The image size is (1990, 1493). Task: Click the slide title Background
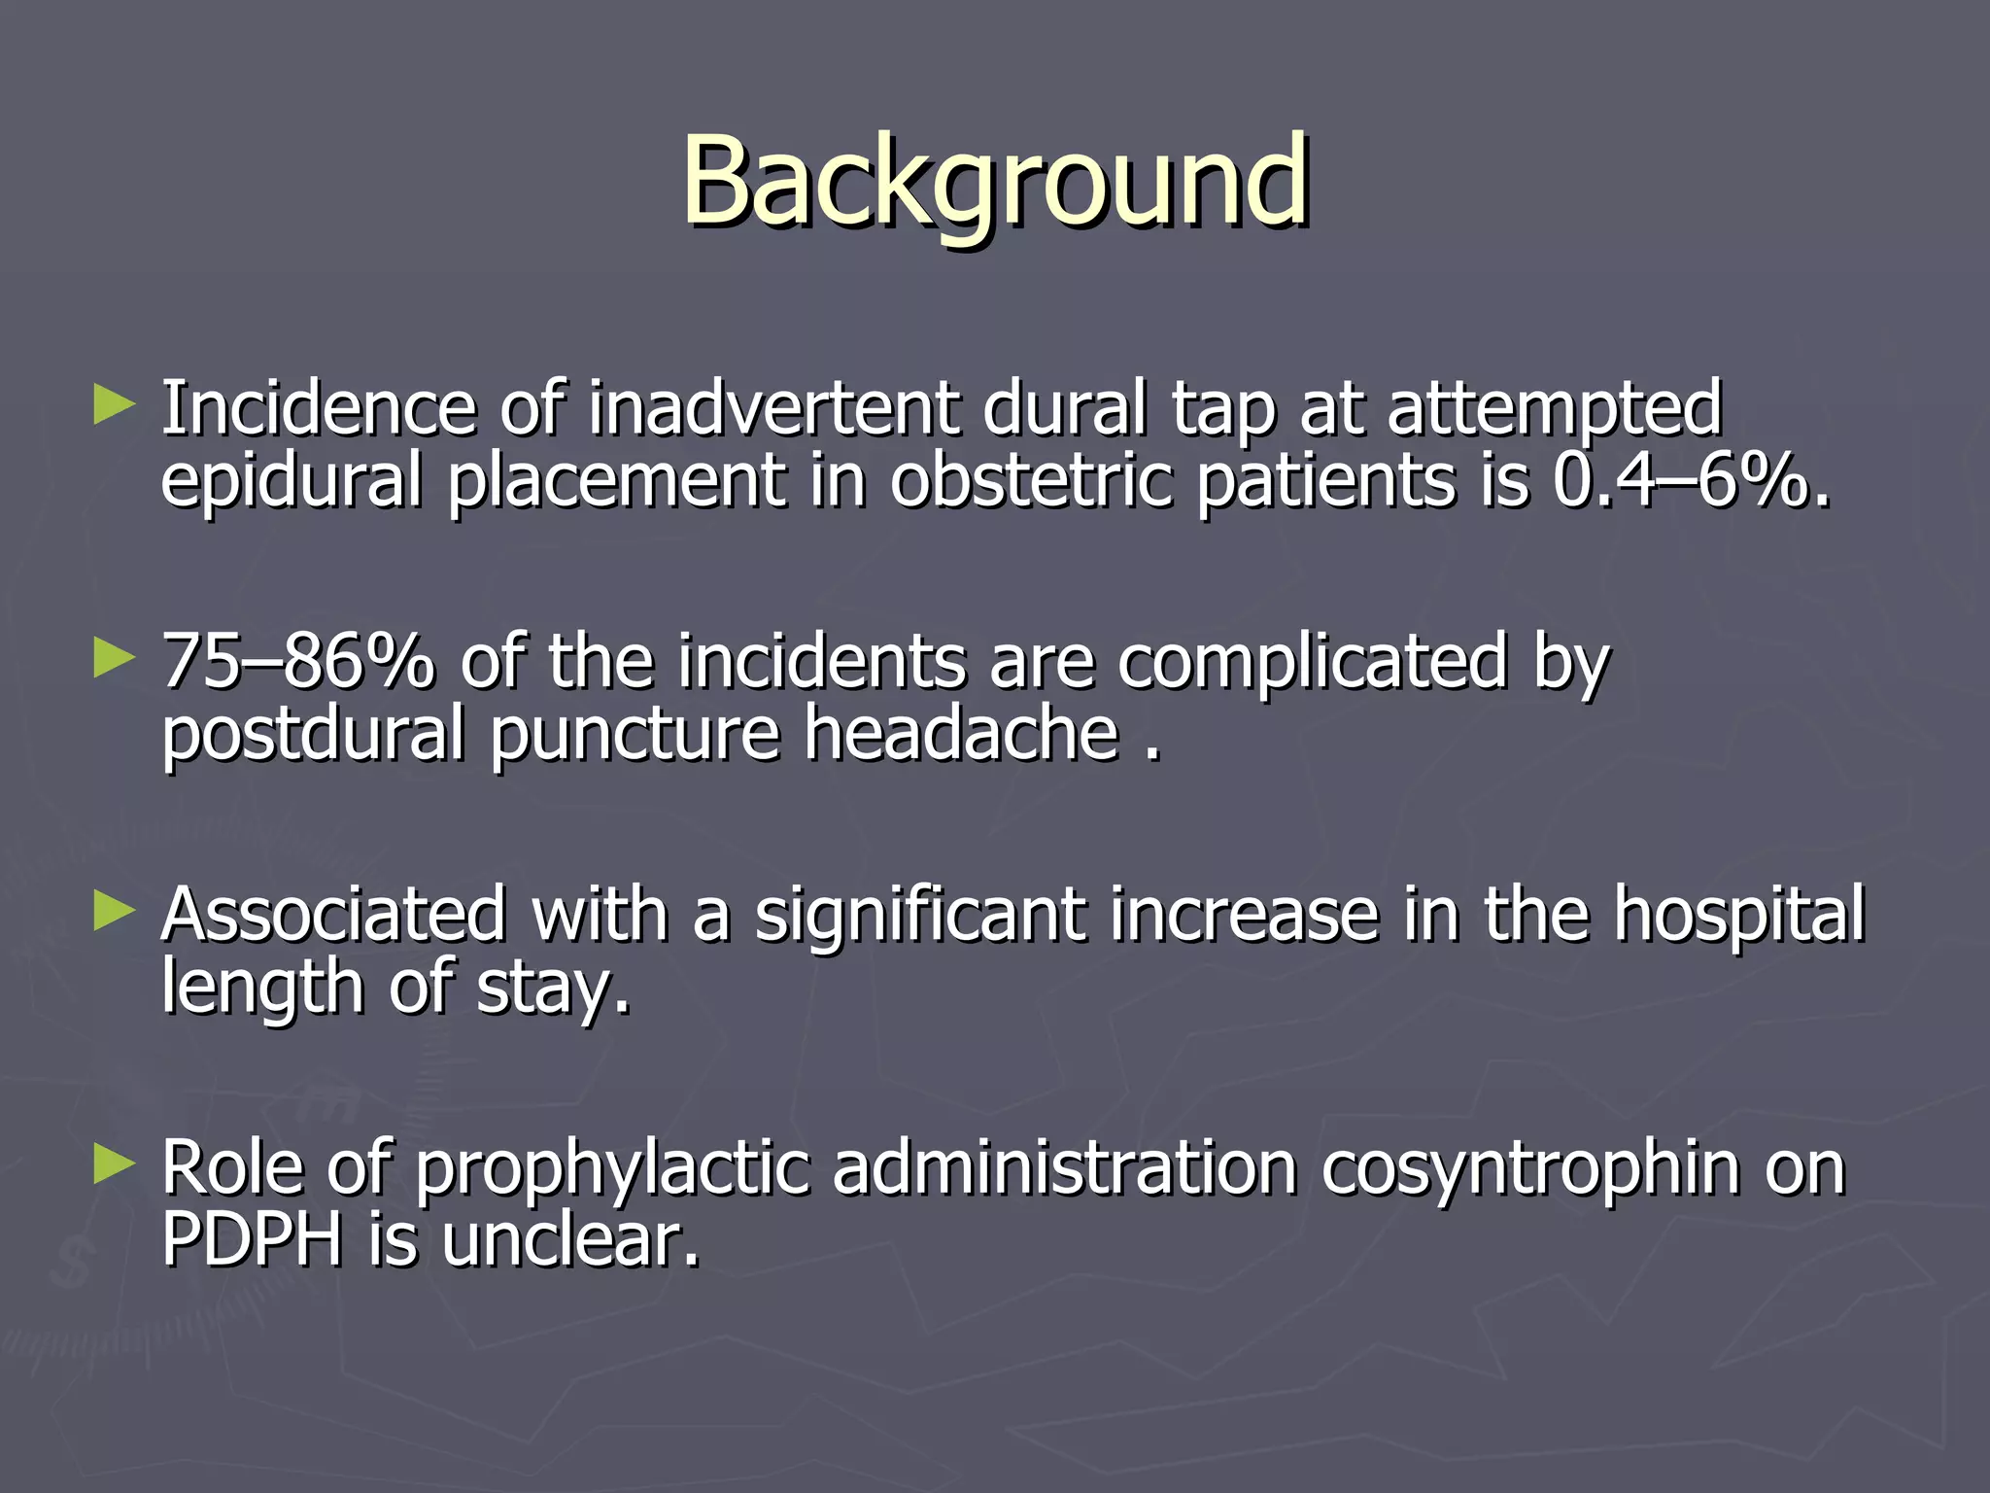tap(995, 182)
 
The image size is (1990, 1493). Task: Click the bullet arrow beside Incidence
tap(114, 405)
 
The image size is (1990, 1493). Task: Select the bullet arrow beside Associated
tap(114, 913)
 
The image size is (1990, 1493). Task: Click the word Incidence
tap(318, 408)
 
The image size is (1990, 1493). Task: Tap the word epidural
tap(292, 483)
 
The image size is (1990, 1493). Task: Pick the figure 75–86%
tap(297, 662)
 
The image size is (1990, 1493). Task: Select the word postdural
tap(313, 736)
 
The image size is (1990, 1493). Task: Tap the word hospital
tap(1739, 917)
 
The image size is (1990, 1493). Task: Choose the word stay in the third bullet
tap(552, 990)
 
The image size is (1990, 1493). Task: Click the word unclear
tap(568, 1241)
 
